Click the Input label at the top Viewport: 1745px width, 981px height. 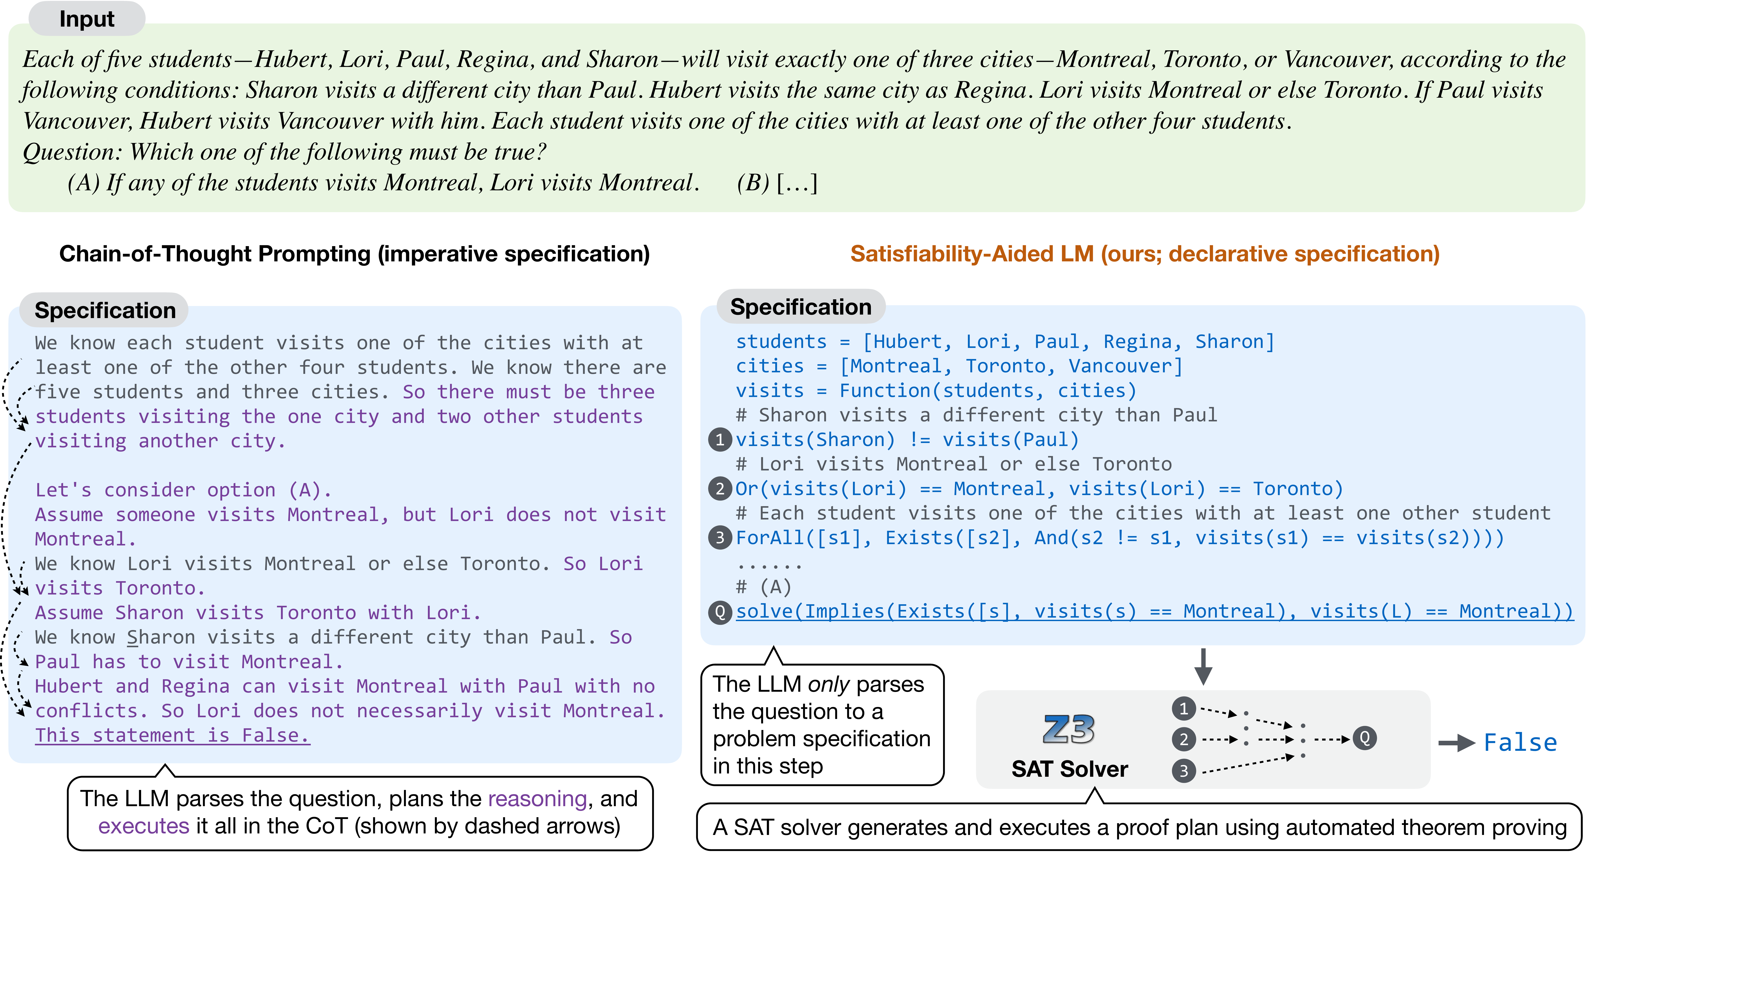(x=87, y=19)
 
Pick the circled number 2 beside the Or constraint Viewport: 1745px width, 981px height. (x=720, y=489)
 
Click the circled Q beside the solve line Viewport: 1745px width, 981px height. (x=720, y=612)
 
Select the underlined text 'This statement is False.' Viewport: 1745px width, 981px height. (x=172, y=735)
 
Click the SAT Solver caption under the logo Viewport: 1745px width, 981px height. (x=1069, y=769)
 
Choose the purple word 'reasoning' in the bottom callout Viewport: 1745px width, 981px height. (x=537, y=799)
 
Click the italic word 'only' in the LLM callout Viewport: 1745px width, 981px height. (x=828, y=685)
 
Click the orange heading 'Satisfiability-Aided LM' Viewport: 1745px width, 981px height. (x=971, y=254)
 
